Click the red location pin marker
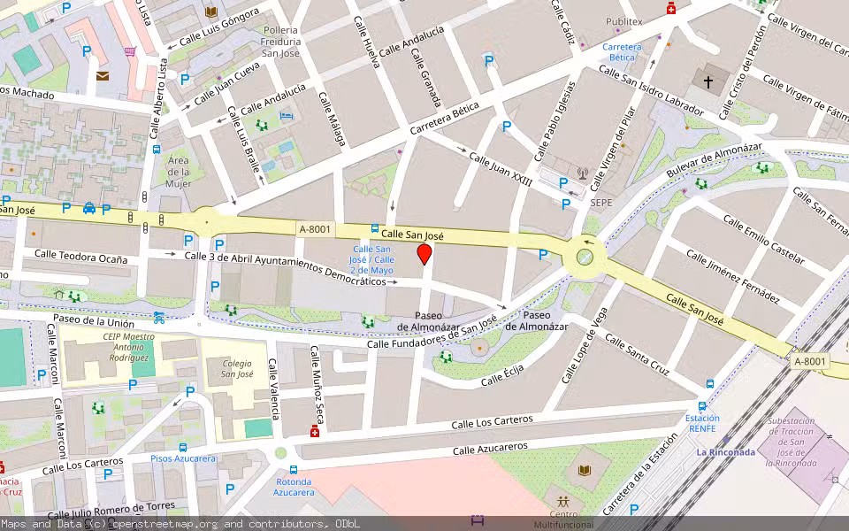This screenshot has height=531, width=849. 424,255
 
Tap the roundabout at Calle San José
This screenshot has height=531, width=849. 585,258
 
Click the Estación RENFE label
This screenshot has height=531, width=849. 702,424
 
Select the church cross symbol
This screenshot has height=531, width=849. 707,81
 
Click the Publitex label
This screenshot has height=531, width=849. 623,21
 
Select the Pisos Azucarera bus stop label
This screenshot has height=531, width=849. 183,458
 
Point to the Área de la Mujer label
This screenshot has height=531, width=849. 178,172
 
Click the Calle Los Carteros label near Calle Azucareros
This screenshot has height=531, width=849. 493,422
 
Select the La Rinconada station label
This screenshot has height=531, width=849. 725,452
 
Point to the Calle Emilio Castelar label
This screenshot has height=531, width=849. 763,239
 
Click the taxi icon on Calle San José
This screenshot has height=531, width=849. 89,209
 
